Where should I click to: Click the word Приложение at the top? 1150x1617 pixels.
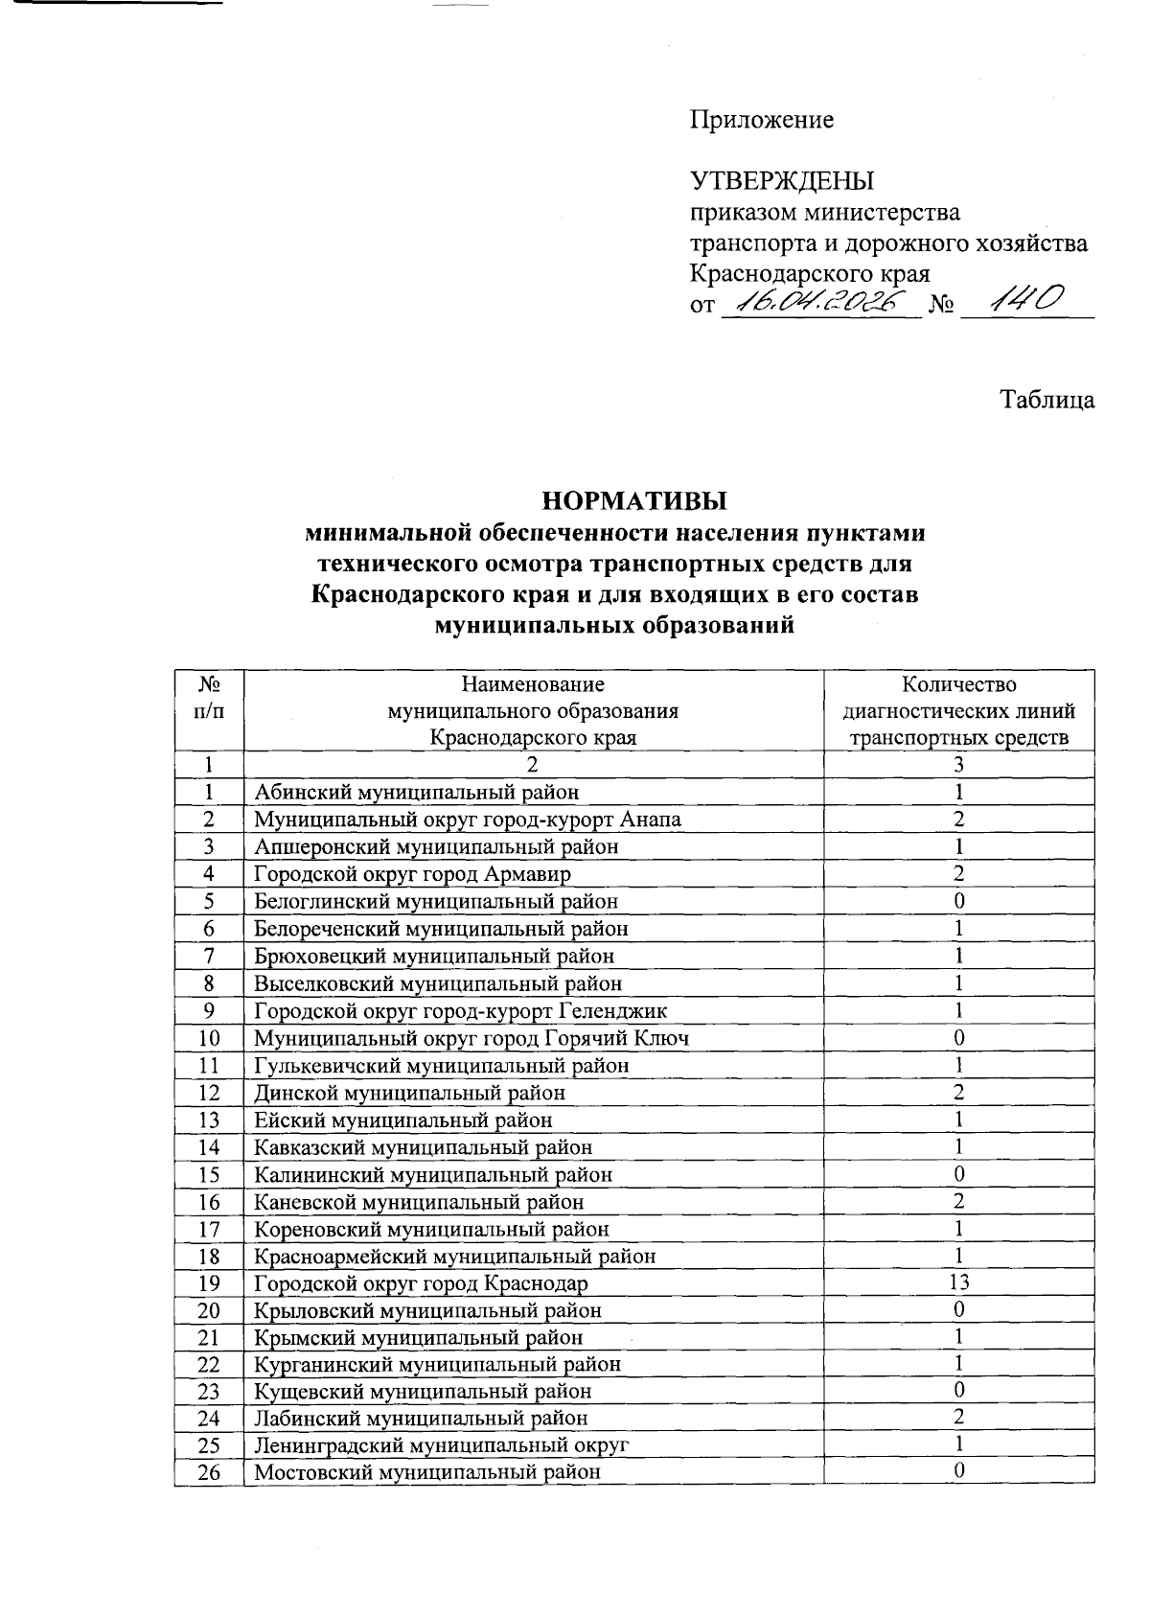tap(762, 120)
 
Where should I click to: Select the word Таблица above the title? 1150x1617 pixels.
tap(1048, 400)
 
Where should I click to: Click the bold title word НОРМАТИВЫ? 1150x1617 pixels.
tap(634, 501)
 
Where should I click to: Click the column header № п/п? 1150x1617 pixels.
tap(209, 698)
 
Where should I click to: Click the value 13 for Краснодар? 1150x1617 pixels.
tap(958, 1282)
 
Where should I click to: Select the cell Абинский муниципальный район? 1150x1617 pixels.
tap(417, 792)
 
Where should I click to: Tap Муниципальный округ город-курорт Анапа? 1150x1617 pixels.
tap(468, 820)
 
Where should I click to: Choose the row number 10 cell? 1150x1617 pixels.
tap(209, 1038)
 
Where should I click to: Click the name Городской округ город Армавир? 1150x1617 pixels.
tap(412, 874)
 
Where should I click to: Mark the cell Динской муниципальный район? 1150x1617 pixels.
tap(409, 1093)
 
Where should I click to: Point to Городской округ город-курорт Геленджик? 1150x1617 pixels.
tap(460, 1011)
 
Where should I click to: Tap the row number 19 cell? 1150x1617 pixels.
tap(209, 1283)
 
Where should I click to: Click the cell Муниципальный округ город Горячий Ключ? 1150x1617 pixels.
tap(471, 1038)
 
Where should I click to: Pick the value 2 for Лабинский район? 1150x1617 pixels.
tap(958, 1417)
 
